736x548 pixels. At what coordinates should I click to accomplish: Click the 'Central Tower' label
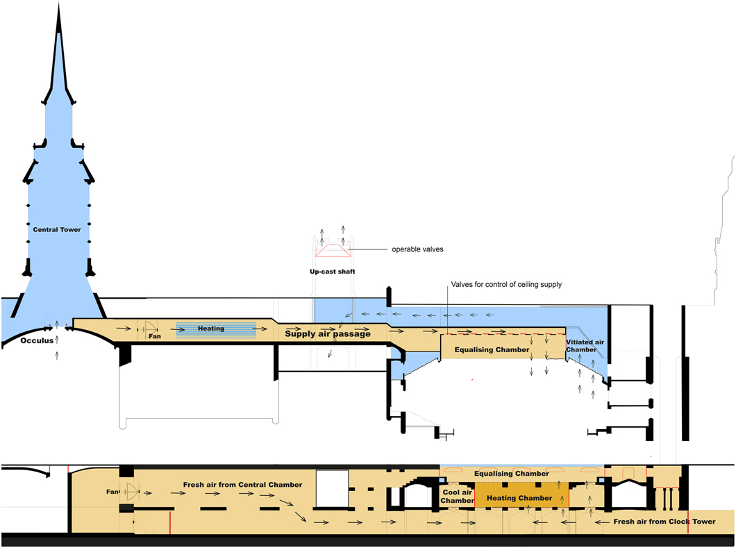pyautogui.click(x=57, y=229)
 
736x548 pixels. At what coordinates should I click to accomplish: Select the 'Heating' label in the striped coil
pyautogui.click(x=211, y=329)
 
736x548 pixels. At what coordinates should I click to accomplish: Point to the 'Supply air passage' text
pyautogui.click(x=328, y=334)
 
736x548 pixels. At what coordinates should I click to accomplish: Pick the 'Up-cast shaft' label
pyautogui.click(x=333, y=272)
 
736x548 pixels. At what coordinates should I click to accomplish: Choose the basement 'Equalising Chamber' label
pyautogui.click(x=512, y=474)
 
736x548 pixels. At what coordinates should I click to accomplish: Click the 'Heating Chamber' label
pyautogui.click(x=519, y=498)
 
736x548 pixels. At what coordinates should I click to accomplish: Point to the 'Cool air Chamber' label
pyautogui.click(x=457, y=496)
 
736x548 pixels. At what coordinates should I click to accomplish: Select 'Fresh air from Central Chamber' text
pyautogui.click(x=242, y=484)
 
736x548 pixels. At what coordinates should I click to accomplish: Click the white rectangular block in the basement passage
pyautogui.click(x=332, y=490)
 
